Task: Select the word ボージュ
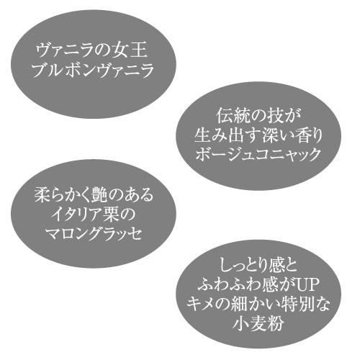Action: [222, 154]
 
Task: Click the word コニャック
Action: [285, 154]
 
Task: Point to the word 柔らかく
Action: [63, 195]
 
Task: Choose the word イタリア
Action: [78, 215]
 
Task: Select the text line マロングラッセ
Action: [94, 234]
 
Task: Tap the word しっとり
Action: [244, 266]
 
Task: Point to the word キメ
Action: [202, 305]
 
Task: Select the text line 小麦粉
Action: [258, 323]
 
